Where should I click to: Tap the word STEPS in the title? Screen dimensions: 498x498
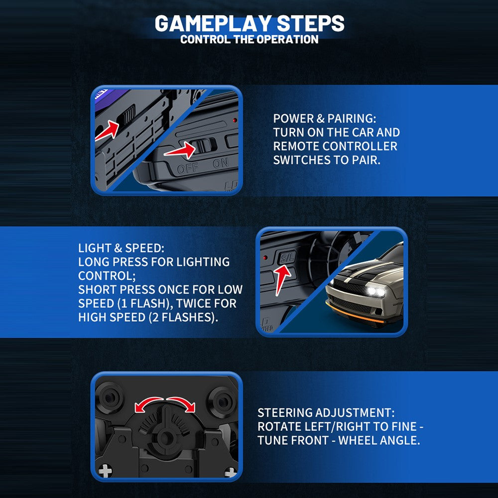click(x=310, y=23)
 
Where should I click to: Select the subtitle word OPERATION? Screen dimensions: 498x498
click(x=287, y=39)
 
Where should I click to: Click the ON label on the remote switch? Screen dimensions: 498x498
click(x=221, y=163)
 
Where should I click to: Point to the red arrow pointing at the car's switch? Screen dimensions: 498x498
click(x=107, y=130)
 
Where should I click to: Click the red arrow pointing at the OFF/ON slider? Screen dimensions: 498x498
click(x=180, y=150)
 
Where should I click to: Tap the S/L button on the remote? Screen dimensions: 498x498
click(x=287, y=257)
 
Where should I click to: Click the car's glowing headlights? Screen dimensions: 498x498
click(x=376, y=291)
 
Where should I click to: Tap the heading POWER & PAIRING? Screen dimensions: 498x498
click(x=324, y=119)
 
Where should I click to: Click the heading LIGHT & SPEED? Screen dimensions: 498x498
click(x=121, y=248)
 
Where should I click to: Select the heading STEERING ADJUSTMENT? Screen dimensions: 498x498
click(x=326, y=412)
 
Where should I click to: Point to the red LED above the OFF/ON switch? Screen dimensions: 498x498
click(x=235, y=121)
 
